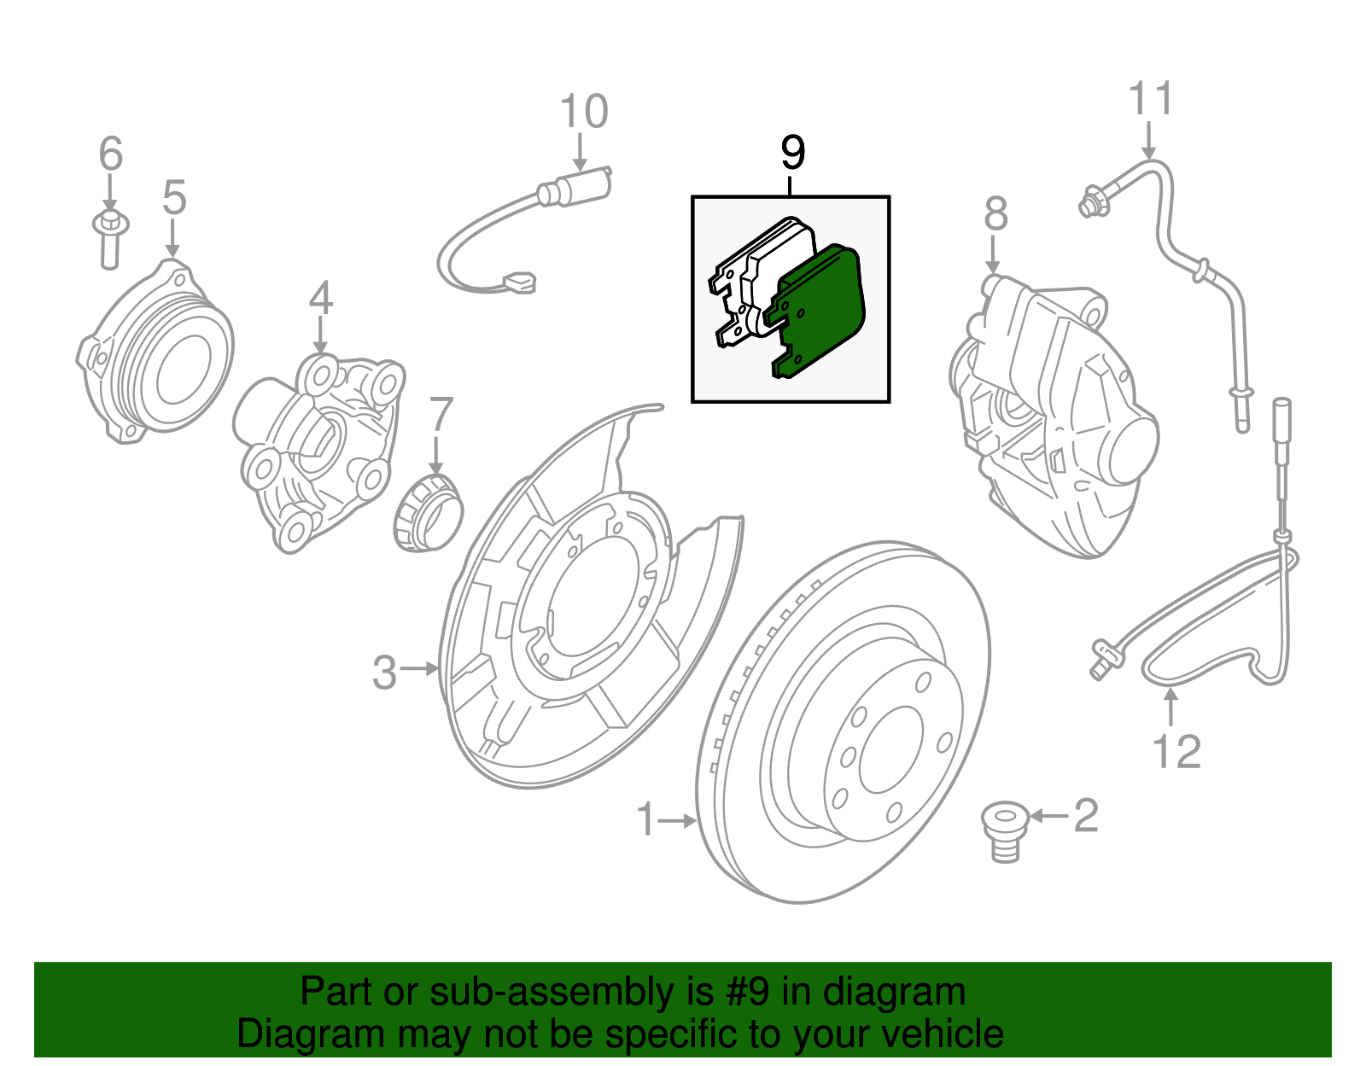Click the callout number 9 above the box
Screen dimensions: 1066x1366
[x=792, y=153]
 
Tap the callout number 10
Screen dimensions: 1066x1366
[x=584, y=112]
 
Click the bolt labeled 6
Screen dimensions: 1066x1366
[x=109, y=238]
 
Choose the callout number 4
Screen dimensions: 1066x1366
[x=320, y=299]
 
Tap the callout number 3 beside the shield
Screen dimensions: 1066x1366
[x=384, y=673]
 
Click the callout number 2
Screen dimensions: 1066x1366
[x=1085, y=816]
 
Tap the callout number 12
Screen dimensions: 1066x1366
[x=1176, y=752]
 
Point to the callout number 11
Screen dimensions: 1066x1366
[x=1150, y=99]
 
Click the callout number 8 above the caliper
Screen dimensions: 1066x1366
[x=995, y=214]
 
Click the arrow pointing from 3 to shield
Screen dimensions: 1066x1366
[x=419, y=669]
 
